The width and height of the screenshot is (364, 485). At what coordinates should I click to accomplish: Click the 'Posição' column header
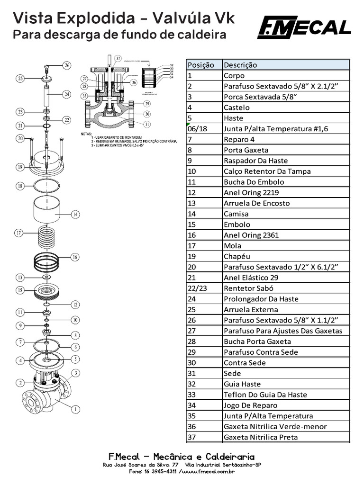[x=200, y=65]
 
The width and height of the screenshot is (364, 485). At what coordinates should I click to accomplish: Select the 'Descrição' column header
[x=240, y=65]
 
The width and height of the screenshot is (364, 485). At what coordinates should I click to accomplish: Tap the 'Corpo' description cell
[x=234, y=75]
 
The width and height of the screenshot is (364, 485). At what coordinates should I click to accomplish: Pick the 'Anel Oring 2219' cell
[x=251, y=193]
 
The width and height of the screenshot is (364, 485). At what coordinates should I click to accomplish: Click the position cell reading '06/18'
[x=198, y=129]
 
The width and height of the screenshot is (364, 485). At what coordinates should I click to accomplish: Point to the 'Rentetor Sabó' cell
[x=249, y=288]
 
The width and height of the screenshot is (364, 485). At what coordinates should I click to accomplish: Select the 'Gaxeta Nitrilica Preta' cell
[x=261, y=437]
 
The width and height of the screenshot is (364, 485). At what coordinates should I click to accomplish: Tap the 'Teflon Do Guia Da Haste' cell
[x=265, y=395]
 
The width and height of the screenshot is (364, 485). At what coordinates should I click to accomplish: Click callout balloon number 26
[x=67, y=65]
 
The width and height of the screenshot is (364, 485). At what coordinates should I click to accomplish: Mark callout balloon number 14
[x=75, y=215]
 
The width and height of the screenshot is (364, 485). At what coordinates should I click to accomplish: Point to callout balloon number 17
[x=19, y=233]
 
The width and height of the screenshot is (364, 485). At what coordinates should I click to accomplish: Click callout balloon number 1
[x=75, y=408]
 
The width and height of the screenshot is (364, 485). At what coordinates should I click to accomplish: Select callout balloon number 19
[x=19, y=167]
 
